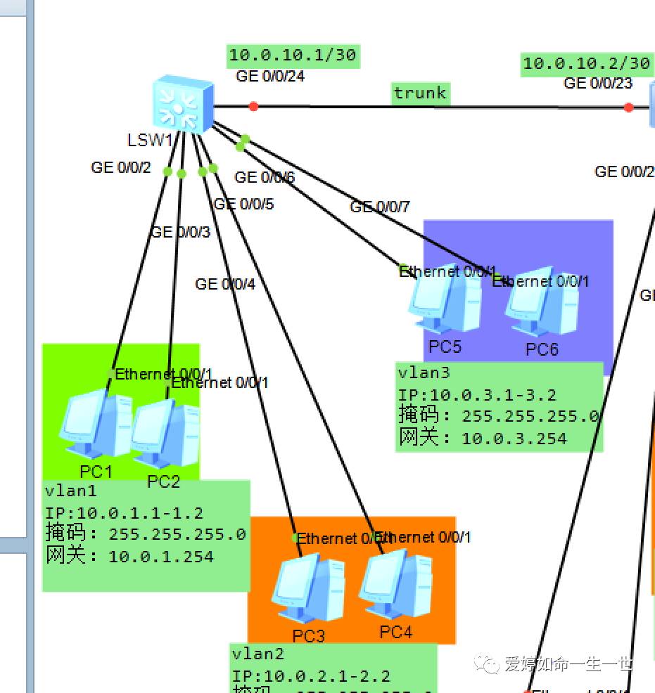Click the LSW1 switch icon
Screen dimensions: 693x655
click(183, 105)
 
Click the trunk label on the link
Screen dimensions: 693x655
click(420, 93)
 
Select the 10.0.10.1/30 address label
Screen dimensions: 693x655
click(293, 55)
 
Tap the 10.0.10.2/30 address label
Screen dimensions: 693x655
click(586, 63)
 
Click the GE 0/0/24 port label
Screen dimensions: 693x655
click(270, 76)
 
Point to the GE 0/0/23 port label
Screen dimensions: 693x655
click(598, 83)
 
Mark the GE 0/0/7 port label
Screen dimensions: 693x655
click(380, 207)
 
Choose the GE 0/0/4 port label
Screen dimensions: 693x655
click(225, 284)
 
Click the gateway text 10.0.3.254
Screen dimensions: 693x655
click(514, 439)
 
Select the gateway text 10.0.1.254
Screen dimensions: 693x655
click(160, 557)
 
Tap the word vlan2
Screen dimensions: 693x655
click(258, 654)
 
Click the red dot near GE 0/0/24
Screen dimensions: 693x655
click(253, 106)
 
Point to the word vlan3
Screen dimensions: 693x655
click(424, 373)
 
